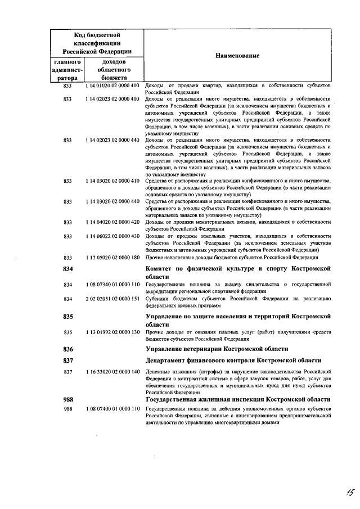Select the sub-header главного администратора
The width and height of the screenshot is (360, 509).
[x=67, y=70]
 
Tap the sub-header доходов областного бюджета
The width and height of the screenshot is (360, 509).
[x=114, y=70]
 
